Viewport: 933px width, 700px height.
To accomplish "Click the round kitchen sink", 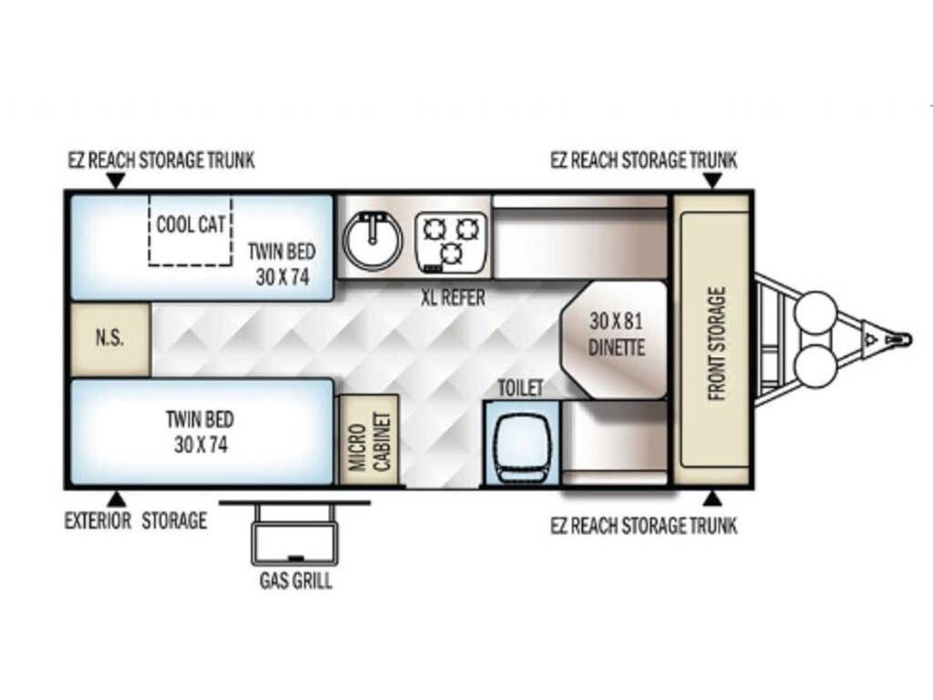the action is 373,240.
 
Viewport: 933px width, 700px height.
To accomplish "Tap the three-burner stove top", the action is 450,242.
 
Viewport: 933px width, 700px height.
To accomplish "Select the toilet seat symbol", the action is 522,440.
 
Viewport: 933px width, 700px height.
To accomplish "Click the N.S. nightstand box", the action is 110,339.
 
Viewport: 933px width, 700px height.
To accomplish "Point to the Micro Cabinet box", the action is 369,439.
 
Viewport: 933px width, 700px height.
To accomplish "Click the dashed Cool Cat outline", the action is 190,230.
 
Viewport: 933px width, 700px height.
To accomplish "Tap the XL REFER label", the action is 454,297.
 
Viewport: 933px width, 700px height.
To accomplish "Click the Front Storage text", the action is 717,344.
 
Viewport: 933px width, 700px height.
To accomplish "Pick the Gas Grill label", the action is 296,581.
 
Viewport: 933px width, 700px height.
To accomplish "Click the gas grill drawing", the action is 294,532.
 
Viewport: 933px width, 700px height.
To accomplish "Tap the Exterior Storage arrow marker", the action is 117,499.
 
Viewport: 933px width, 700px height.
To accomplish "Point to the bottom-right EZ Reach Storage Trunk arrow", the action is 713,499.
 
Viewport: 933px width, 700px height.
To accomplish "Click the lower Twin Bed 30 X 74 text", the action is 200,431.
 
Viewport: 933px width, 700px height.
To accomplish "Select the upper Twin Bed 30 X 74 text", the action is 282,263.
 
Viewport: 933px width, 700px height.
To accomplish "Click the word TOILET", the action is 520,388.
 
